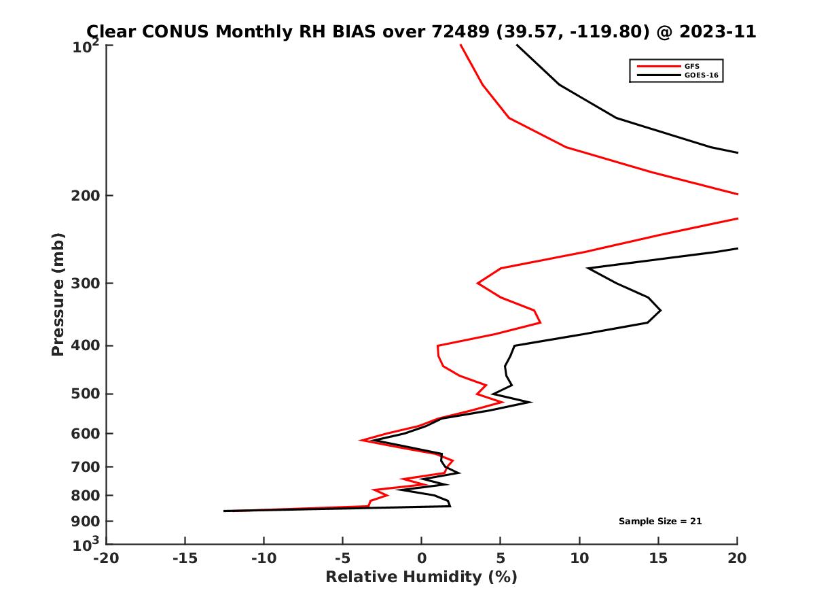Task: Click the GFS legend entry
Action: (692, 66)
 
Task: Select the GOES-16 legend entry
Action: (700, 75)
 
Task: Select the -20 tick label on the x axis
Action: (106, 558)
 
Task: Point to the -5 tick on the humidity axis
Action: (342, 558)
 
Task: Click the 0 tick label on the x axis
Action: (422, 558)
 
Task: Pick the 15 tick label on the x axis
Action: (658, 558)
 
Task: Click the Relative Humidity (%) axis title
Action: (421, 577)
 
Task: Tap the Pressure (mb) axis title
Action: (58, 294)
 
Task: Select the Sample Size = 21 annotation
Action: (659, 521)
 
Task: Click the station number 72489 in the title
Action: (458, 31)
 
